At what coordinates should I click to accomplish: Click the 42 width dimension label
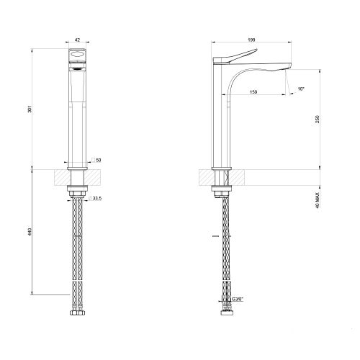point(77,40)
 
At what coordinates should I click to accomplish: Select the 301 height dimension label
point(30,109)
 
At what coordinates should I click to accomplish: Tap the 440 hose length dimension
point(30,232)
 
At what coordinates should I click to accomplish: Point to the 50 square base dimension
point(99,160)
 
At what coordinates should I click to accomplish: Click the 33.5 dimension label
point(97,199)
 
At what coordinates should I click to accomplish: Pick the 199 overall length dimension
point(251,40)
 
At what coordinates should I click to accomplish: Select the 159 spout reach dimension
point(253,92)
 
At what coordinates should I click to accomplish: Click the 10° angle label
point(301,89)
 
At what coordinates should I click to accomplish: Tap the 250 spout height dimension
point(318,120)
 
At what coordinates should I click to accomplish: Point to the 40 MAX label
point(318,200)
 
